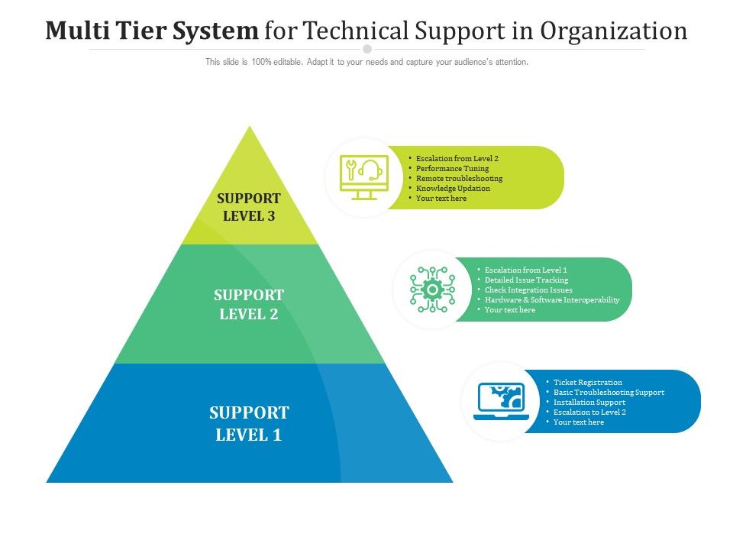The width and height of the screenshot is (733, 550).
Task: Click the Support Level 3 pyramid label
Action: click(249, 207)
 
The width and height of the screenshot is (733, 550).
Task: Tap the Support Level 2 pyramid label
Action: click(249, 304)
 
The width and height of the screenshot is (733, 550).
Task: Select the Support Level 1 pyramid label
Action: click(249, 424)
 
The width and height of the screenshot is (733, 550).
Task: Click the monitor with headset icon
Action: click(364, 177)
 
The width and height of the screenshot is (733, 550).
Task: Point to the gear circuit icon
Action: click(432, 289)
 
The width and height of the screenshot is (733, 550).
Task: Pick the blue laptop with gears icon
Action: click(500, 401)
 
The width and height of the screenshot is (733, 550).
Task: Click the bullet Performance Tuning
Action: click(452, 168)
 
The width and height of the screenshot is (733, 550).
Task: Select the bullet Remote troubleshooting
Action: click(459, 178)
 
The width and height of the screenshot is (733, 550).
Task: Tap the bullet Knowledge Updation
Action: click(453, 188)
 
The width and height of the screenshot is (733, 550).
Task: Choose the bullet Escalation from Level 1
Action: click(525, 270)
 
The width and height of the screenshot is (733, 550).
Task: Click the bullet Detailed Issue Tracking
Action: click(526, 280)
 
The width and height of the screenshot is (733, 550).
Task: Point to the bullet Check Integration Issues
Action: click(528, 290)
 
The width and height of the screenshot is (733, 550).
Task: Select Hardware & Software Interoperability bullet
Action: click(552, 300)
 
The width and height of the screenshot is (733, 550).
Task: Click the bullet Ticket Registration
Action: click(587, 382)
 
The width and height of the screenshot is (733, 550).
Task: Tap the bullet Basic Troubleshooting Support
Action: click(609, 393)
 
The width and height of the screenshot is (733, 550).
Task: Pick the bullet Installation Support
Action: click(589, 403)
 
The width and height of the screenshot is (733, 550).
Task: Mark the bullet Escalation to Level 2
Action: click(589, 412)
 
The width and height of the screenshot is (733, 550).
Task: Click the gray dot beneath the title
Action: click(367, 49)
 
